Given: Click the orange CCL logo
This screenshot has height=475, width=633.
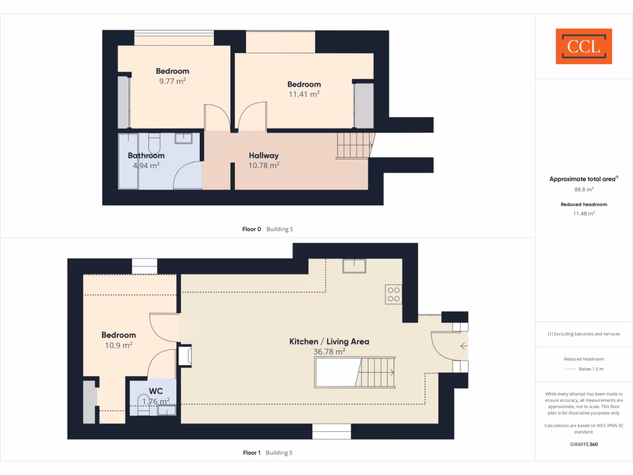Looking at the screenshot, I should [x=584, y=46].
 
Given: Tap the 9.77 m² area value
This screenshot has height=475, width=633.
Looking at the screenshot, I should [x=172, y=81].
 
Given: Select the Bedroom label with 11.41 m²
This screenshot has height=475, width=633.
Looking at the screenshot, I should [x=304, y=84].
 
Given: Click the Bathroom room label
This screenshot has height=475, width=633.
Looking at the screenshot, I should [x=146, y=156].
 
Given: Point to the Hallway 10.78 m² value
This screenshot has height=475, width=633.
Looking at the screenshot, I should [x=264, y=165].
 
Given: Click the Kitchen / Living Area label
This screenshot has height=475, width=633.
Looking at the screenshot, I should [x=329, y=341].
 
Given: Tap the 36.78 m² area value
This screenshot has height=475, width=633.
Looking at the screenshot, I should [x=329, y=351].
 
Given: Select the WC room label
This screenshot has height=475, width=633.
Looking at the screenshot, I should [x=156, y=392].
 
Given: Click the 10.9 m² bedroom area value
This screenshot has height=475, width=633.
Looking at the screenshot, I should [x=119, y=345].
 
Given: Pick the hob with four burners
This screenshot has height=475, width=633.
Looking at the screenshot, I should [x=394, y=294].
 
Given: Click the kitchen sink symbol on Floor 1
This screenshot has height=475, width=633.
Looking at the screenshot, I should [x=355, y=266].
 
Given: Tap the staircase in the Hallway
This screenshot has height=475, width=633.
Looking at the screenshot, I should [x=354, y=145].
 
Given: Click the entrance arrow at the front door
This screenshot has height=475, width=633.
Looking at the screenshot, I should [x=463, y=346].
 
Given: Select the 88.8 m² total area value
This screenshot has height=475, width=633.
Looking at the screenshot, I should [x=584, y=190].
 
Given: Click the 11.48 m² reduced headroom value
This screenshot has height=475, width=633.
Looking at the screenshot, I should [x=584, y=213].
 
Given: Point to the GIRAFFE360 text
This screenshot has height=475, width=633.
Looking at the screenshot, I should [x=584, y=445].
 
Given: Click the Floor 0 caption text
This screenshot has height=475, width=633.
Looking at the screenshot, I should [x=250, y=229].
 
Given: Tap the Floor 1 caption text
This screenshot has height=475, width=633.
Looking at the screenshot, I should [x=250, y=453].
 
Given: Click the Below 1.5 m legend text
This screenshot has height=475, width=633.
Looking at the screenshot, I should [x=591, y=369].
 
